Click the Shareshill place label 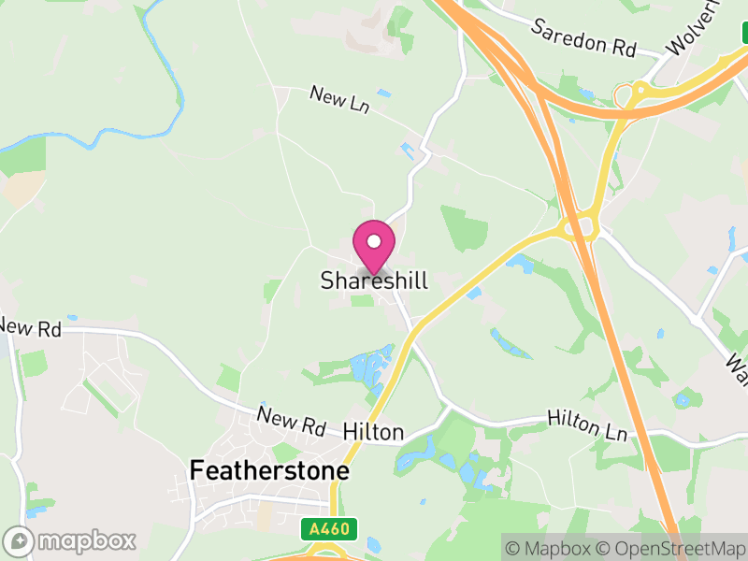tap(374, 280)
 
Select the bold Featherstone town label tap(269, 470)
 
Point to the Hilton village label tap(373, 432)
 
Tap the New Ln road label tap(339, 100)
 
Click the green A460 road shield tap(328, 530)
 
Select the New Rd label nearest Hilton tap(292, 422)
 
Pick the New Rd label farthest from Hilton tap(30, 327)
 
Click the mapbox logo tap(72, 540)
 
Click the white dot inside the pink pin tap(374, 241)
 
